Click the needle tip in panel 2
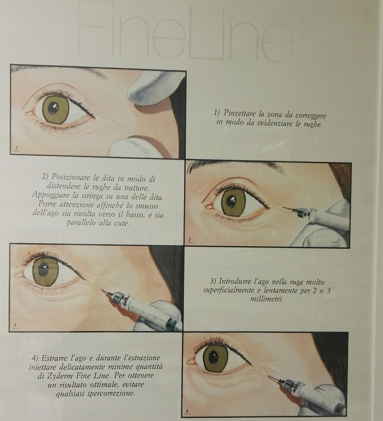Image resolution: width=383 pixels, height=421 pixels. (283, 207)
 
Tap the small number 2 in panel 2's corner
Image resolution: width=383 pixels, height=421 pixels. (189, 240)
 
